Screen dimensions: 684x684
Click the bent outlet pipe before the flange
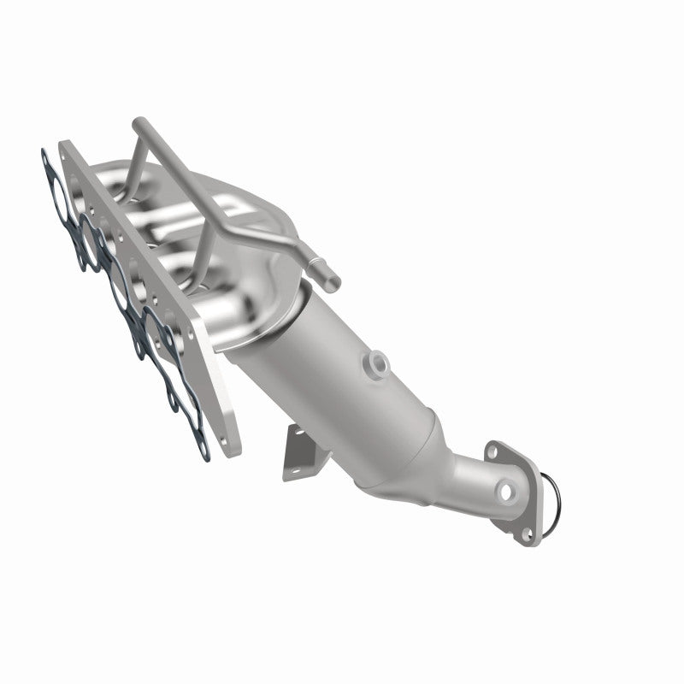[462, 483]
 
